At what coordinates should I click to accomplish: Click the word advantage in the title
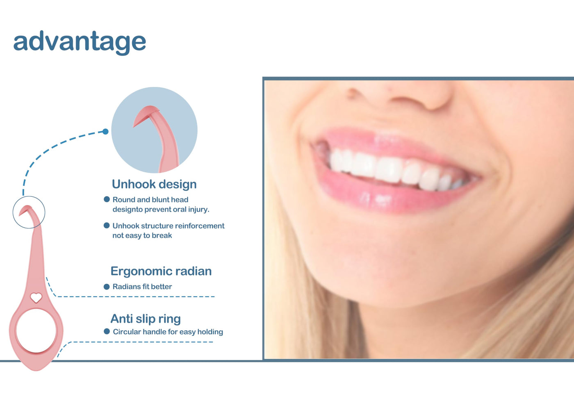[x=80, y=42]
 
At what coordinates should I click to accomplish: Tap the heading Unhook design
[x=154, y=184]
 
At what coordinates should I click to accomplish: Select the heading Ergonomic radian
[x=161, y=271]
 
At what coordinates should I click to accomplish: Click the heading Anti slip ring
[x=146, y=319]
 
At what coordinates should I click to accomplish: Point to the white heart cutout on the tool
[x=36, y=298]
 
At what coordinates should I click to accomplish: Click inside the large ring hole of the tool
[x=36, y=331]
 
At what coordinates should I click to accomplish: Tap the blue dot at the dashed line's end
[x=105, y=132]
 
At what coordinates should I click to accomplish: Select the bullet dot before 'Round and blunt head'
[x=107, y=199]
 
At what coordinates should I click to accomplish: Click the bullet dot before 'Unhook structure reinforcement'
[x=107, y=226]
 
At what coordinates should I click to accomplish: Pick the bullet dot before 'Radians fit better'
[x=107, y=287]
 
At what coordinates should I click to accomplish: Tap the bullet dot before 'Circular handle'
[x=107, y=332]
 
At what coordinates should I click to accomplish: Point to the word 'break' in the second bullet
[x=162, y=235]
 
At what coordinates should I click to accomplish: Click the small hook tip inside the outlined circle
[x=25, y=210]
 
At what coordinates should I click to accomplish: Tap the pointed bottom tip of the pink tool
[x=36, y=370]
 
